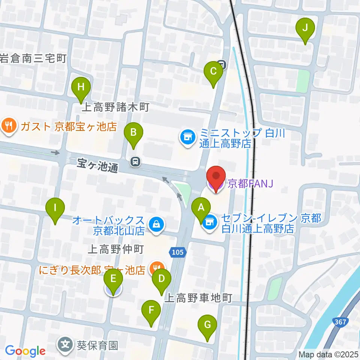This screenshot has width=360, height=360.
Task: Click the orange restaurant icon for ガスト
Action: [9, 126]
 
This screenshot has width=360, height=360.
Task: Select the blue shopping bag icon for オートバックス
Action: [154, 225]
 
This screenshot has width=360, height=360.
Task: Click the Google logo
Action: [25, 351]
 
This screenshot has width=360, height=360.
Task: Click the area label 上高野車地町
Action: [199, 298]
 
